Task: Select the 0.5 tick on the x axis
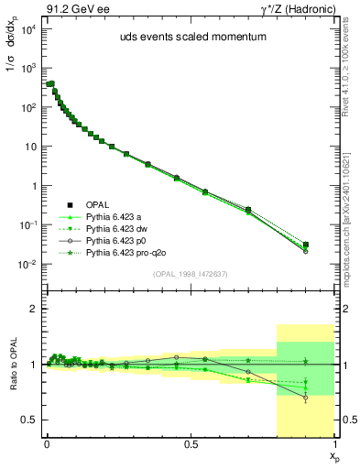pyautogui.click(x=191, y=442)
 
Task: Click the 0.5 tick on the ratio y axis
pyautogui.click(x=29, y=420)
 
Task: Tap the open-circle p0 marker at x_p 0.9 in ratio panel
pyautogui.click(x=306, y=398)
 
